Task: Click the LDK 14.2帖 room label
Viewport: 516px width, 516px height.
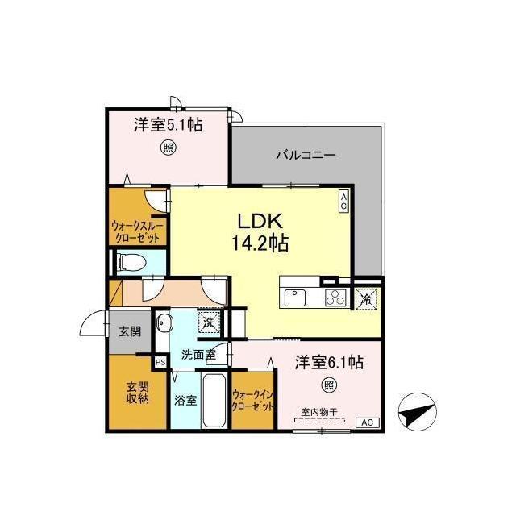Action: coord(260,232)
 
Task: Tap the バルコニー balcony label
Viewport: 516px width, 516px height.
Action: coord(306,155)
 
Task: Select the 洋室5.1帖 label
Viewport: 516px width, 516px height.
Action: coord(168,125)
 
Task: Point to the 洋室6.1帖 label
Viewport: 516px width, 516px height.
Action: coord(329,362)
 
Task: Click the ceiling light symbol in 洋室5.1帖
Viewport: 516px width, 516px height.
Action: coord(169,148)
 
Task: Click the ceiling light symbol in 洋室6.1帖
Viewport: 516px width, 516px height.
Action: coord(329,385)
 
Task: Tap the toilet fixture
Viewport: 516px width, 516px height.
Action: coord(131,262)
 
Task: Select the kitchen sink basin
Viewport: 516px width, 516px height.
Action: coord(295,298)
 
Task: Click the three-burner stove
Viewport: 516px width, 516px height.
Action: coord(335,298)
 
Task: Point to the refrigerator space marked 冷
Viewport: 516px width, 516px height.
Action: coord(365,298)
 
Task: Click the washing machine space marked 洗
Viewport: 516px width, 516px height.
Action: coord(209,322)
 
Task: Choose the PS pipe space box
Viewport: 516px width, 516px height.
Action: coord(160,363)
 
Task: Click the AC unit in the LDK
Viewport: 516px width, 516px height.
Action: coord(343,202)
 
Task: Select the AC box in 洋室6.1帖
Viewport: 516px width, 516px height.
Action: coord(368,422)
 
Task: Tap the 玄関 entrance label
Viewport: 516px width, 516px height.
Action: coord(130,331)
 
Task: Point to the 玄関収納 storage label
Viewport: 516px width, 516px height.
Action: coord(138,393)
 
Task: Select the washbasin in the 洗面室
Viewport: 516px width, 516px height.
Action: coord(164,322)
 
